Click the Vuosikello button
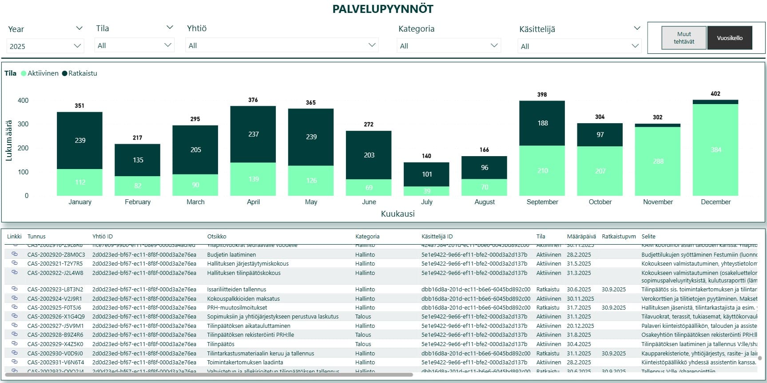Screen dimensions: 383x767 tap(730, 38)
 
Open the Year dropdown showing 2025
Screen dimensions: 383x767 tap(45, 46)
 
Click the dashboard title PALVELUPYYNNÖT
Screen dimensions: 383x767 tap(383, 9)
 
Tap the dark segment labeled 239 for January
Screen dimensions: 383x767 tap(79, 140)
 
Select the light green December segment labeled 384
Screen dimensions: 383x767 tap(715, 149)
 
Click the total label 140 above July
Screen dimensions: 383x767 tap(426, 156)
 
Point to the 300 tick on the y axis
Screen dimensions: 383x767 tap(23, 124)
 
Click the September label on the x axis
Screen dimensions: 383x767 tap(542, 202)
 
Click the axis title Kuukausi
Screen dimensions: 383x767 tap(397, 214)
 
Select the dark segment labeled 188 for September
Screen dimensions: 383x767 tap(542, 123)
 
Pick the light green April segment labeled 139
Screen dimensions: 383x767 tap(253, 179)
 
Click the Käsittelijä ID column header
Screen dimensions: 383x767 tap(437, 237)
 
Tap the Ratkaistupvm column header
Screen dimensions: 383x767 tap(619, 237)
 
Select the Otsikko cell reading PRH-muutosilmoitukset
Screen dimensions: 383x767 tap(237, 308)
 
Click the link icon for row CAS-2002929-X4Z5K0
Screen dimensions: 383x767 tap(15, 343)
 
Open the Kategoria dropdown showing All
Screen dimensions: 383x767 tap(449, 46)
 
